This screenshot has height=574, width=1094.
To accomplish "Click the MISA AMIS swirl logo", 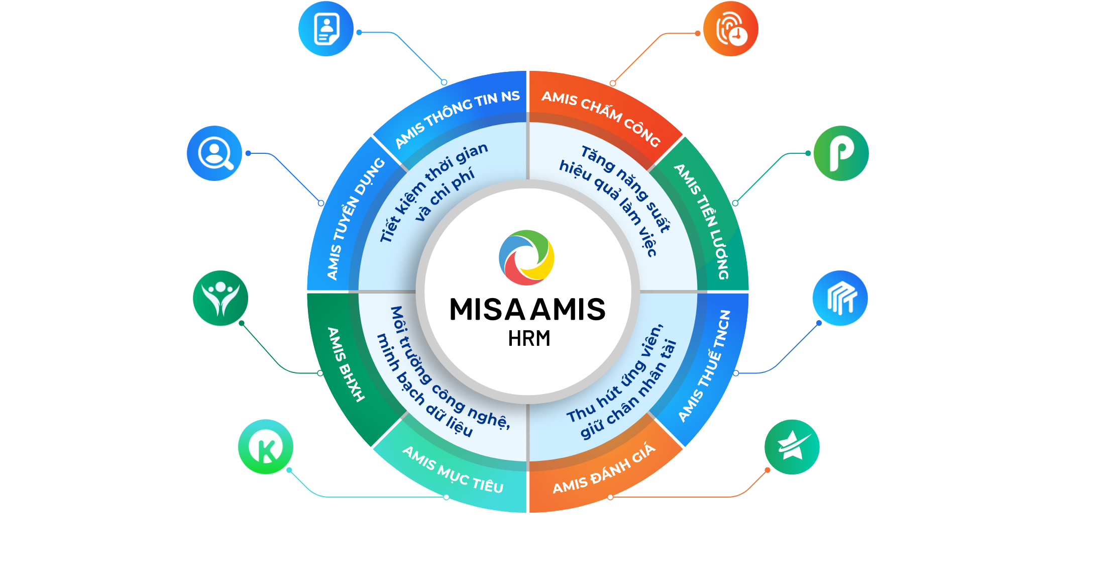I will tap(526, 257).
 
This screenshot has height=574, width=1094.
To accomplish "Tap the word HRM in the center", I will tap(529, 339).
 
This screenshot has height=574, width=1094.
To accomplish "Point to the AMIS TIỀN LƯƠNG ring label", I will tap(702, 221).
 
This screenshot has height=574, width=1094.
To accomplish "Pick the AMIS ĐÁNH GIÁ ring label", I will tap(604, 469).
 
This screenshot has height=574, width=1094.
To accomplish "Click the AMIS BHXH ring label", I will tap(346, 364).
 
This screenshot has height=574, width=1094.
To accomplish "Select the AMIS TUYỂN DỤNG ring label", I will tap(355, 219).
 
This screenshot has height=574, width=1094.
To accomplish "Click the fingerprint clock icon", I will tap(730, 29).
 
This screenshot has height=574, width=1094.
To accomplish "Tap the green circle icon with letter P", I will tap(841, 153).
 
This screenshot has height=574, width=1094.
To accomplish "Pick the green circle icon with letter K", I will tap(266, 447).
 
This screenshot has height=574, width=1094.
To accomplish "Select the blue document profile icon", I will tap(326, 29).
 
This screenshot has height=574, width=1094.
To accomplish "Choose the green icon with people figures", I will tap(221, 298).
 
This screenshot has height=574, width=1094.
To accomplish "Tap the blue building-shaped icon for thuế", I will tap(840, 298).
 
